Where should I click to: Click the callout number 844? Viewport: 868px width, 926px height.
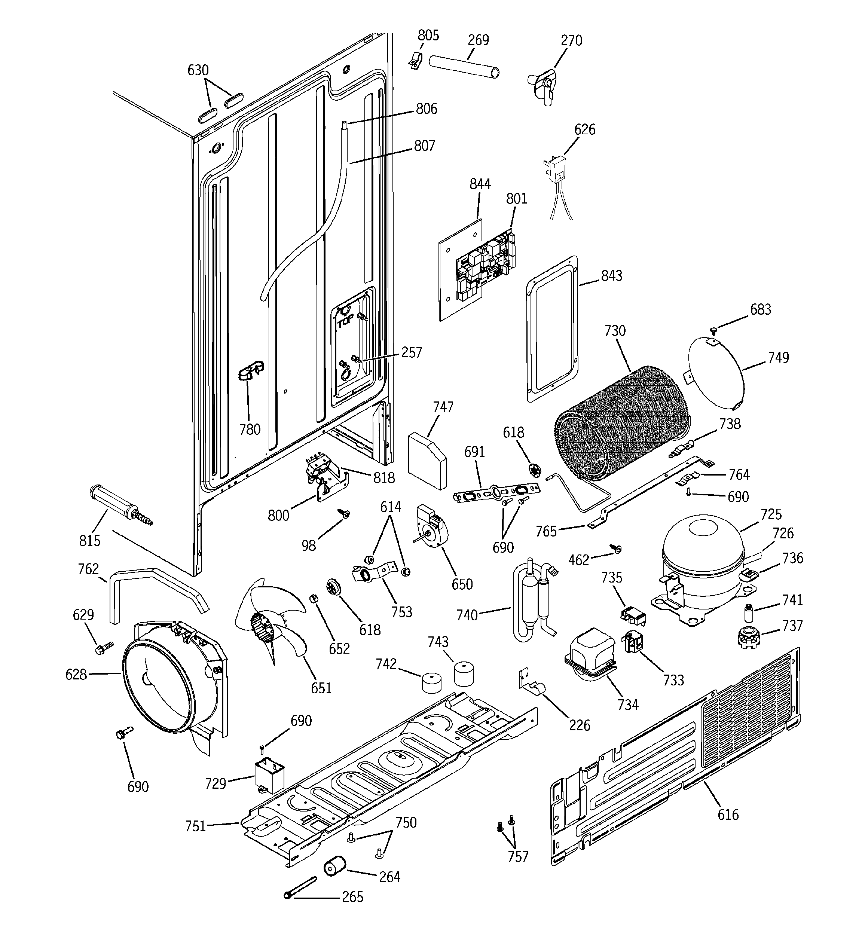coord(480,184)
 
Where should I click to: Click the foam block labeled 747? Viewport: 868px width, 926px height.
coord(426,459)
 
